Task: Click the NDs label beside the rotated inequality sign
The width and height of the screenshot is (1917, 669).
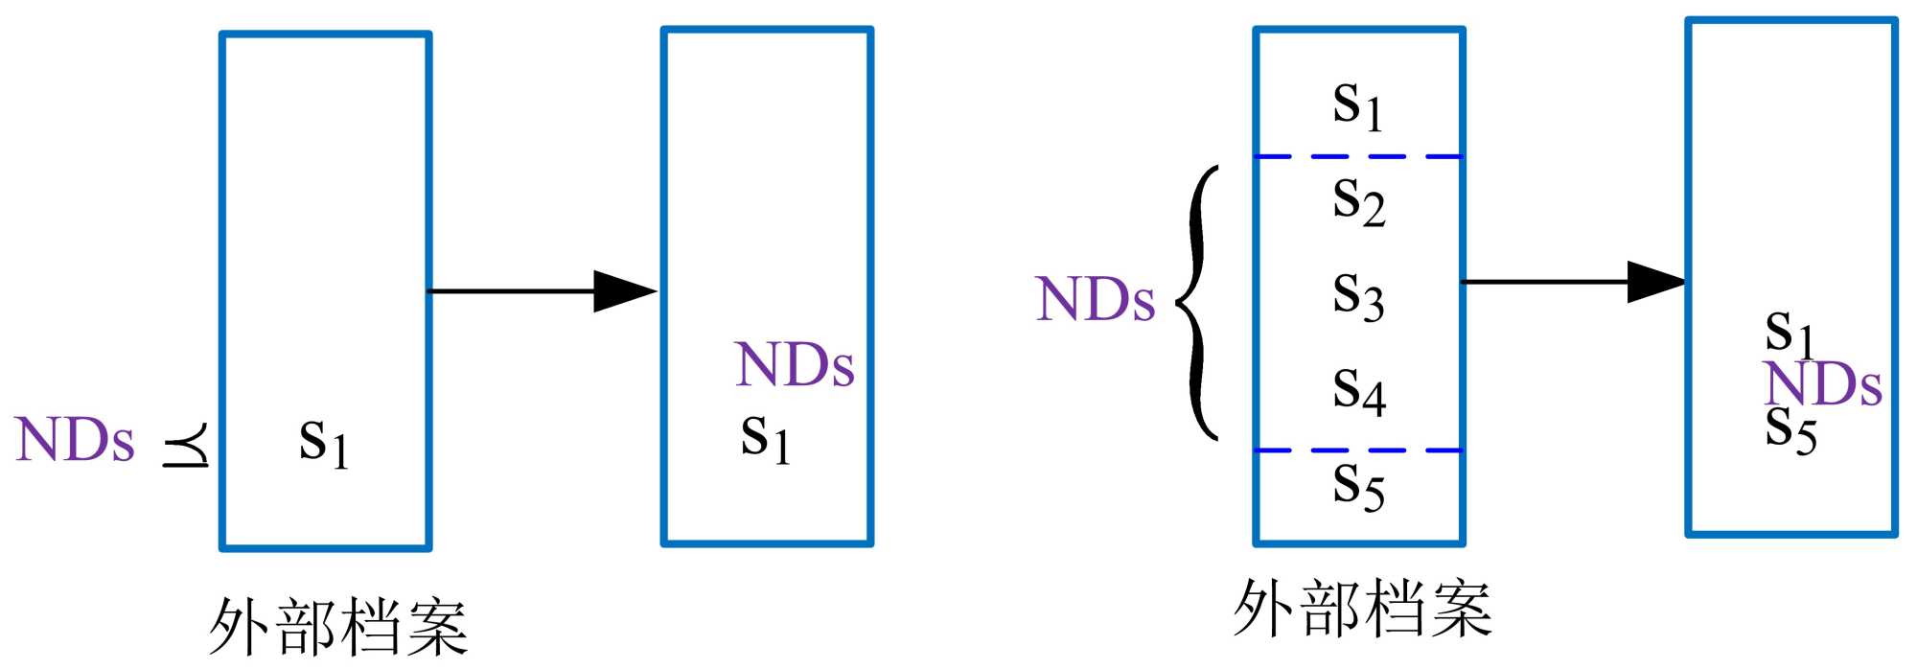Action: point(75,441)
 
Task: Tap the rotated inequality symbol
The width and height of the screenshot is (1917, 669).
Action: point(186,445)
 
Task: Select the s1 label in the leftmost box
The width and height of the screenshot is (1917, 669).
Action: point(323,443)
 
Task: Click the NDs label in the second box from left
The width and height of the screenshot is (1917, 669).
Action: point(795,365)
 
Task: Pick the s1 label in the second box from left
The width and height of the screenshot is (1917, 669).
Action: point(765,438)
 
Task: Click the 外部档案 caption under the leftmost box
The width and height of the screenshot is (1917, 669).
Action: point(338,627)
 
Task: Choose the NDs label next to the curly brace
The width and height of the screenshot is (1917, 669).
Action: point(1095,299)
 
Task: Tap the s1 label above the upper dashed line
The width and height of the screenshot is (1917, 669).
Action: point(1357,104)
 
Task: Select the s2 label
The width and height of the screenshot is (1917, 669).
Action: point(1358,202)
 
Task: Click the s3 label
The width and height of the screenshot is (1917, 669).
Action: point(1358,296)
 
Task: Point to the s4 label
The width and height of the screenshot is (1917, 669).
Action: point(1358,391)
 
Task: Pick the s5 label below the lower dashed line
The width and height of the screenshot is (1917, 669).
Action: point(1358,486)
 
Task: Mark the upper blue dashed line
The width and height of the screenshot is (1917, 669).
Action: point(1358,156)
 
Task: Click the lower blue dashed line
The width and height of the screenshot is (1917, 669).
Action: point(1358,450)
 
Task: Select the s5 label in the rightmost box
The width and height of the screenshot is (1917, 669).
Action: point(1790,430)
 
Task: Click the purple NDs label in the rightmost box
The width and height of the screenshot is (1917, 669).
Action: point(1822,384)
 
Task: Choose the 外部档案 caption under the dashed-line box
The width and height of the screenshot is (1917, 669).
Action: point(1362,609)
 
